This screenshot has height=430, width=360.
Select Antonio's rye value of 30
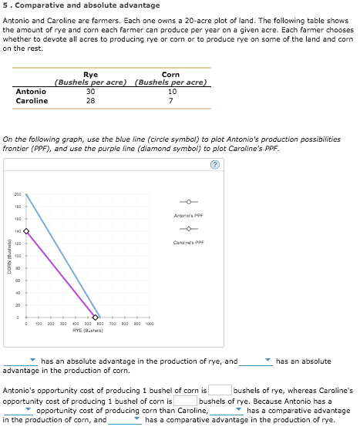90,92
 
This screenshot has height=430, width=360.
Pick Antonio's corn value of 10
171,92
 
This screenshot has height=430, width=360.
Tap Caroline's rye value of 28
90,100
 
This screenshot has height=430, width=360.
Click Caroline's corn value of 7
171,100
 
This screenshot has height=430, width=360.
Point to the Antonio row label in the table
31,92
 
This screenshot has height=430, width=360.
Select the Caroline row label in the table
32,100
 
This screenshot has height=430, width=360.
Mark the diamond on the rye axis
96,317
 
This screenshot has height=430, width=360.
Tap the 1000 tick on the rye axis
149,324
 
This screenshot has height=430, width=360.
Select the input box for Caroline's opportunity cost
185,400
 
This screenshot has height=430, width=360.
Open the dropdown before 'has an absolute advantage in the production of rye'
21,361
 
